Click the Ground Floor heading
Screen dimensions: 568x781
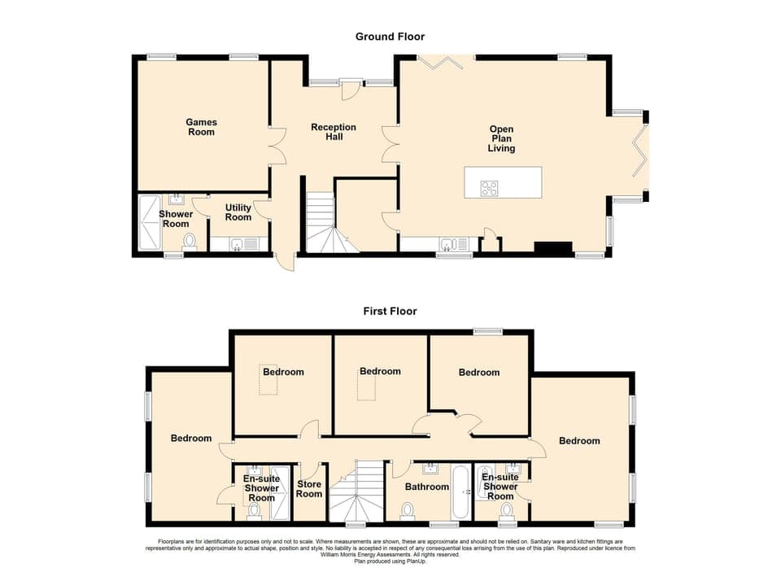[x=390, y=37]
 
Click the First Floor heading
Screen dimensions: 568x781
[x=390, y=311]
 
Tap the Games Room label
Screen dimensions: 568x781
[x=202, y=127]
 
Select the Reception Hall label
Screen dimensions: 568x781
[x=334, y=132]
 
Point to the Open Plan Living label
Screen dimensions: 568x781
[x=501, y=138]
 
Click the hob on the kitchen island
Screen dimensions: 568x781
[x=490, y=188]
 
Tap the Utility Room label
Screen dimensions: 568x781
[x=238, y=212]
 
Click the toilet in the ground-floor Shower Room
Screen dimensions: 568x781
[x=190, y=241]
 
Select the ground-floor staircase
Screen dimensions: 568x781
[x=323, y=224]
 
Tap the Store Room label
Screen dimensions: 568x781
[x=309, y=488]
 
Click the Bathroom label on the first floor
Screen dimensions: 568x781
[x=427, y=487]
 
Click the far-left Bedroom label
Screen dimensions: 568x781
[x=191, y=438]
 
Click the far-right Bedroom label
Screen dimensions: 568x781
[x=579, y=440]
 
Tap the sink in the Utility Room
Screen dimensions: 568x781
[x=235, y=243]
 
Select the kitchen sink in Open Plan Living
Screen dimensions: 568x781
[x=447, y=243]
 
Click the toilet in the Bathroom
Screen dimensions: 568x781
[x=407, y=509]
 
